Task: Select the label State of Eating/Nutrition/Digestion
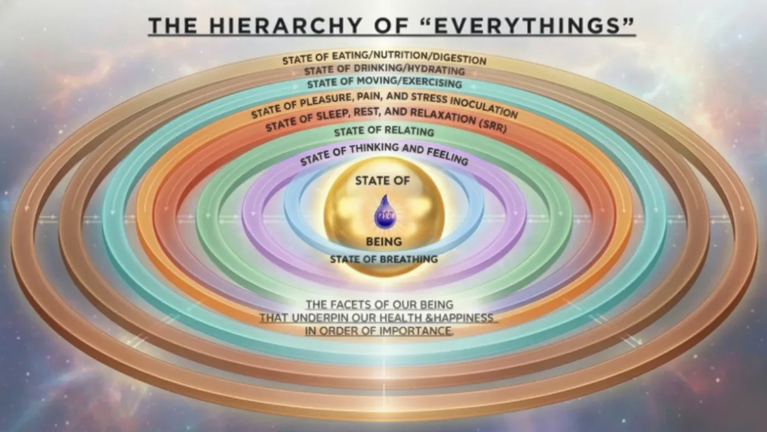click(384, 59)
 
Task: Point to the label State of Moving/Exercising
click(385, 84)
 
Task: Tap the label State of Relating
click(384, 132)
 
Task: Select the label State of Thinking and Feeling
click(384, 154)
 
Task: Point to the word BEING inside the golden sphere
click(384, 242)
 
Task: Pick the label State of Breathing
click(384, 259)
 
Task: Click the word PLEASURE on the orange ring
click(314, 103)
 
